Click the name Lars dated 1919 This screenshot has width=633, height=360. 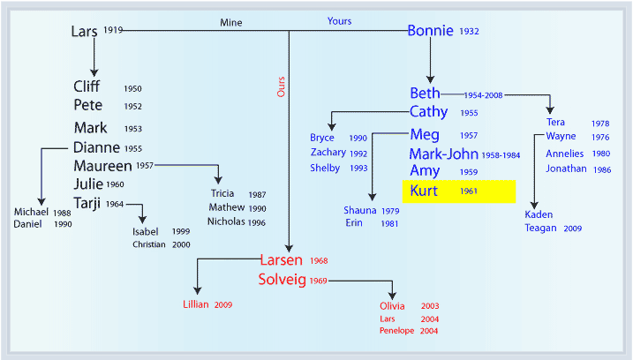click(x=85, y=32)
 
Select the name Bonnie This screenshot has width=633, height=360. click(x=430, y=31)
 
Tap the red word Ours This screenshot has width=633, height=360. click(x=281, y=86)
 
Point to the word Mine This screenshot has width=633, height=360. click(x=231, y=23)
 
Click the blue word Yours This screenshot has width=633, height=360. click(x=339, y=21)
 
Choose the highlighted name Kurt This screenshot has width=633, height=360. click(x=424, y=191)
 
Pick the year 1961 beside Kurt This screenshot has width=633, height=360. click(x=469, y=191)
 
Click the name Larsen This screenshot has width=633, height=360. click(x=281, y=260)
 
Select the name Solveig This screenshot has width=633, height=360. click(x=283, y=280)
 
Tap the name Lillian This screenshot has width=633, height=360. click(x=196, y=304)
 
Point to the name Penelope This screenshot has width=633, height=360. click(x=396, y=331)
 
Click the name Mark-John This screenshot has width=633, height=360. click(x=444, y=154)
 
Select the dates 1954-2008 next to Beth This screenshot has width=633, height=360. click(x=483, y=95)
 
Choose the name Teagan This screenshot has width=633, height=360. click(x=540, y=228)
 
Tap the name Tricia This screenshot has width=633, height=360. click(x=222, y=193)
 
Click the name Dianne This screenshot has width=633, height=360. click(x=96, y=147)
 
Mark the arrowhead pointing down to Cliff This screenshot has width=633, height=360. click(x=94, y=72)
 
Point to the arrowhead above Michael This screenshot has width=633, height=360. click(x=41, y=201)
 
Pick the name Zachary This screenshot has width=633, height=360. click(x=328, y=153)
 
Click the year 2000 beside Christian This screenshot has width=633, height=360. click(x=181, y=244)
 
